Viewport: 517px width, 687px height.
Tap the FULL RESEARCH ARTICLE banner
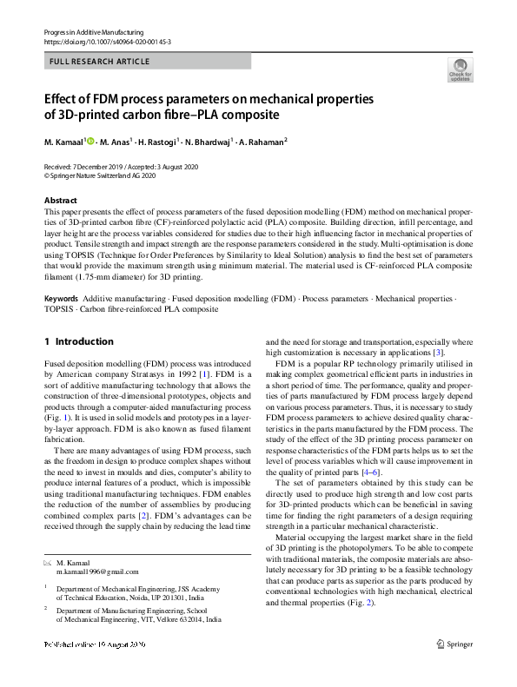tap(100, 62)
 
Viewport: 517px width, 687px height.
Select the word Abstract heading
tap(61, 200)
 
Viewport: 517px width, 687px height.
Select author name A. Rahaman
tap(262, 142)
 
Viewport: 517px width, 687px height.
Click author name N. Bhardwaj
tap(205, 142)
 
